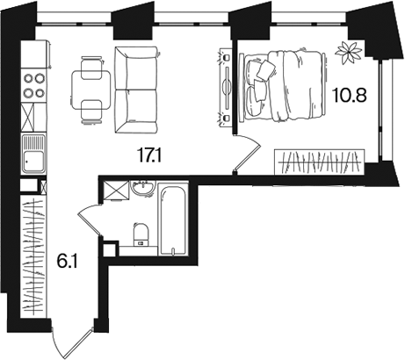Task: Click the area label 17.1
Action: coord(149,155)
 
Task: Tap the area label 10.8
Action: coord(349,95)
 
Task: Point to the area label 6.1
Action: coord(67,262)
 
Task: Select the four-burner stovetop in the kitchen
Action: coord(34,85)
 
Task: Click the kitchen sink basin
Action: coord(34,162)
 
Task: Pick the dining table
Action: coord(91,90)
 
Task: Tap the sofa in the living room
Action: coord(136,90)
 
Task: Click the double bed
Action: coord(282,85)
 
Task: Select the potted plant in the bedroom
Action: coord(349,52)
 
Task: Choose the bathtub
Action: coord(173,219)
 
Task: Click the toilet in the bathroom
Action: coord(141,234)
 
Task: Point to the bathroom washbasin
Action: coord(142,189)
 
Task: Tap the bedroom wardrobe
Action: coord(320,162)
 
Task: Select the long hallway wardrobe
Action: coord(34,256)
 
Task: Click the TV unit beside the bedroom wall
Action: coord(225,87)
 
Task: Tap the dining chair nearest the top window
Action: coord(91,68)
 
